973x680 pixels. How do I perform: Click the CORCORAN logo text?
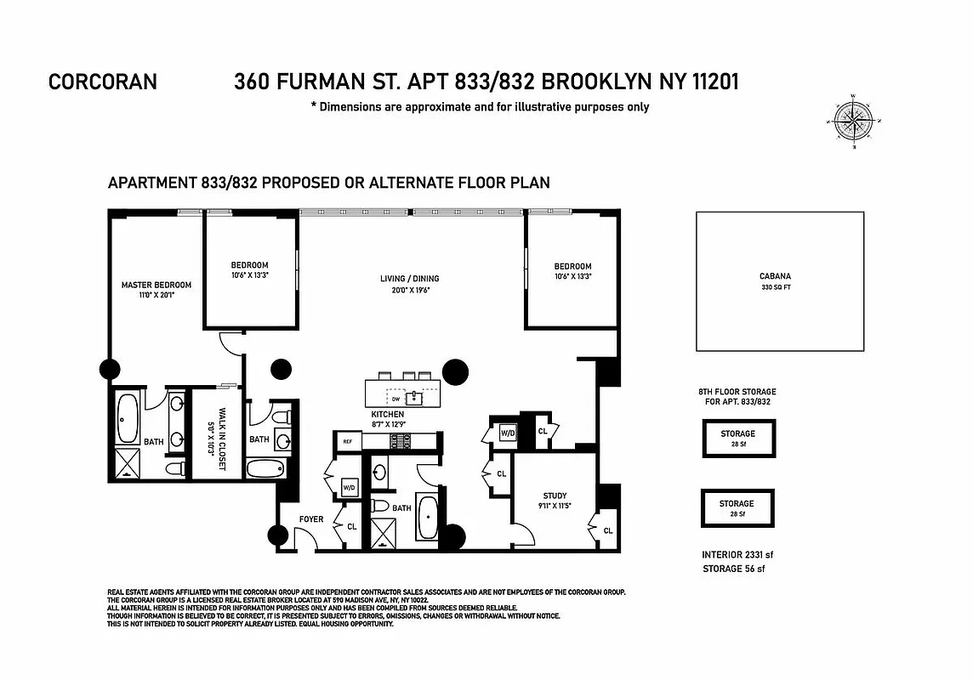coord(103,82)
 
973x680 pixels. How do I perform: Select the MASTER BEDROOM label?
coord(156,285)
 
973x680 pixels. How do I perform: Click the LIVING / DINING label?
coord(409,279)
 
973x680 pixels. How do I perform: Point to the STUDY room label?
coord(555,496)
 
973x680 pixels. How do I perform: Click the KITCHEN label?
coord(387,414)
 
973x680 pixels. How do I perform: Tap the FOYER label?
coord(311,518)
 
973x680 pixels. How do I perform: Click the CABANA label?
coord(775,276)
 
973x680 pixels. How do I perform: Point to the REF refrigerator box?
coord(347,441)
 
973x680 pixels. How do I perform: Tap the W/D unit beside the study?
coord(506,431)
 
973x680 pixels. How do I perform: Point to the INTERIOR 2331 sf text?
coord(737,555)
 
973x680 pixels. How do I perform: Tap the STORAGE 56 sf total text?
coord(733,569)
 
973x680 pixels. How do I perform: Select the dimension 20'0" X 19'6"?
coord(409,290)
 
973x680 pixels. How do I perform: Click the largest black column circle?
coord(455,371)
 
